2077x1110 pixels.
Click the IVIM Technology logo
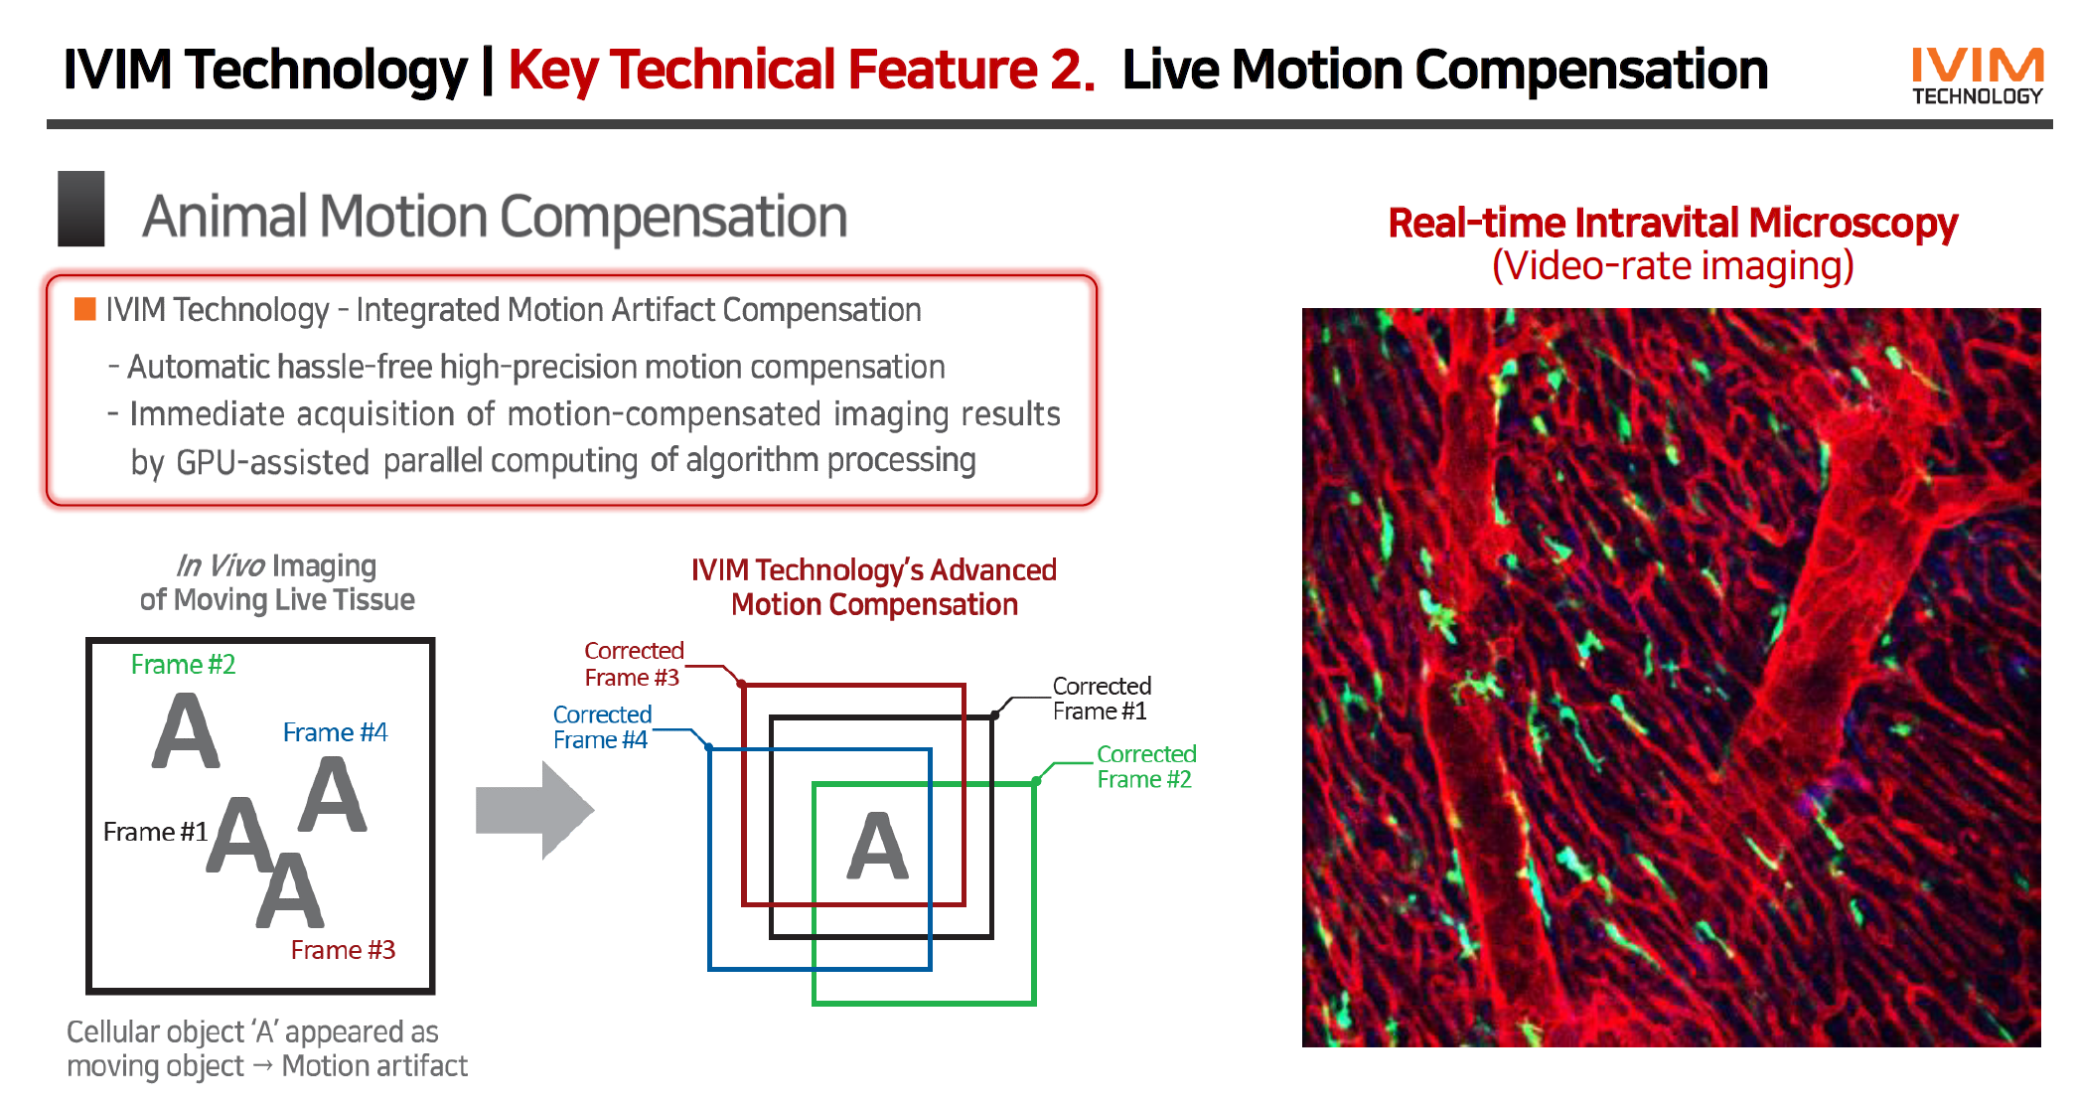click(x=1977, y=76)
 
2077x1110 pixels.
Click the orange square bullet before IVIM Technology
click(x=85, y=309)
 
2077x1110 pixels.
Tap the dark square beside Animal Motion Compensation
click(x=81, y=209)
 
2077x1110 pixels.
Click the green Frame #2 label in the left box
click(x=183, y=665)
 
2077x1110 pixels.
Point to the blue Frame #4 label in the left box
click(x=335, y=733)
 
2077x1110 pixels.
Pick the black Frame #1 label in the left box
click(x=155, y=832)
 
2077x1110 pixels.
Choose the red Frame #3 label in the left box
click(x=343, y=950)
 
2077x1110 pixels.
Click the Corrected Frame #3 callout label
click(x=633, y=664)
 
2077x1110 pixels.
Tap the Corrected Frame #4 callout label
click(x=601, y=727)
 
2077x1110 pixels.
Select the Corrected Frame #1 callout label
click(x=1101, y=699)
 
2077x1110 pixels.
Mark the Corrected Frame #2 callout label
click(x=1145, y=766)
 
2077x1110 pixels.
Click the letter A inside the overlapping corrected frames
click(x=877, y=847)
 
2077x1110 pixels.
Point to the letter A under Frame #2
click(x=186, y=731)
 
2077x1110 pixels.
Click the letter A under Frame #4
click(x=333, y=794)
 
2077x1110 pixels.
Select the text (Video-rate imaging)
click(x=1673, y=266)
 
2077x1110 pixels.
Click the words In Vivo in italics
click(x=221, y=566)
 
